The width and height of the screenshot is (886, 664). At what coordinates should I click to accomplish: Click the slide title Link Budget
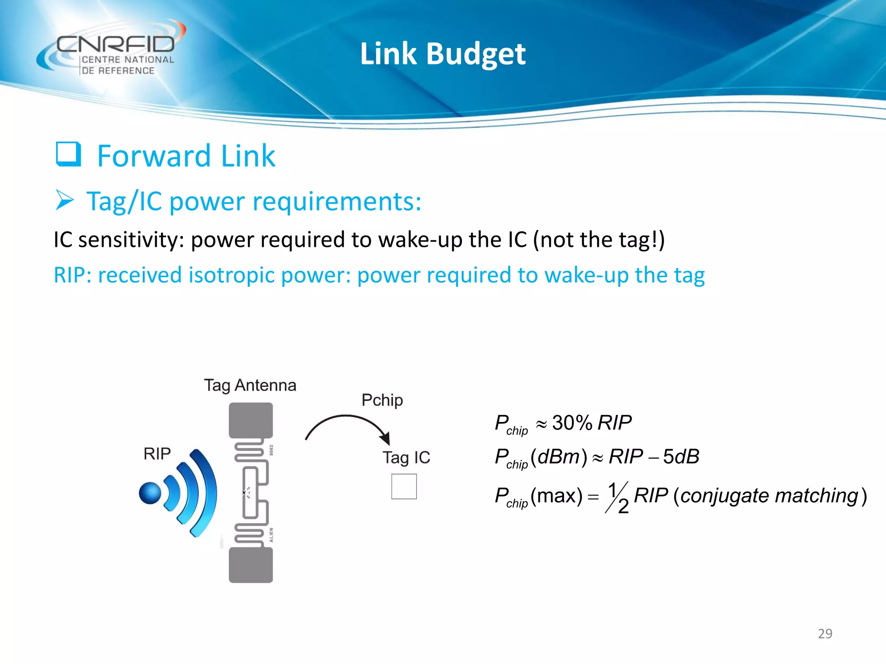[x=443, y=54]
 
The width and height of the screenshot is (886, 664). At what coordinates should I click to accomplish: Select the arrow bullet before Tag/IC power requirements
[x=65, y=201]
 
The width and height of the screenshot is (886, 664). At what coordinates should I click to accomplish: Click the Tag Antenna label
[x=250, y=385]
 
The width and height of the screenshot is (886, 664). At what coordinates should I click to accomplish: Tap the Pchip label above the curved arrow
[x=382, y=400]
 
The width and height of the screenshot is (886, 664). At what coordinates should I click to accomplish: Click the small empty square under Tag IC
[x=404, y=486]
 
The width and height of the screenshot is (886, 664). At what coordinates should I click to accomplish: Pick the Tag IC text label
[x=406, y=458]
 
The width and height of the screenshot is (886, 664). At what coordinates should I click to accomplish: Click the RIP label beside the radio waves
[x=157, y=453]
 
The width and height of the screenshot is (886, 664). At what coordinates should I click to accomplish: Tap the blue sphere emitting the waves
[x=150, y=493]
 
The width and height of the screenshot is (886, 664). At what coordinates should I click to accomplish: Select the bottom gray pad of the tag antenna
[x=250, y=565]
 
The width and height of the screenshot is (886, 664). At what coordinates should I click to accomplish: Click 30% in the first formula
[x=572, y=423]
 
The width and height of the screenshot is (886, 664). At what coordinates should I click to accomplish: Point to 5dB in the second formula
[x=681, y=456]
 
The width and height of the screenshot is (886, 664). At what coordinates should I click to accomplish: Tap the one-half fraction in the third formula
[x=617, y=497]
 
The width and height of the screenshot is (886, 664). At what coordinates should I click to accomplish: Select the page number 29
[x=825, y=634]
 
